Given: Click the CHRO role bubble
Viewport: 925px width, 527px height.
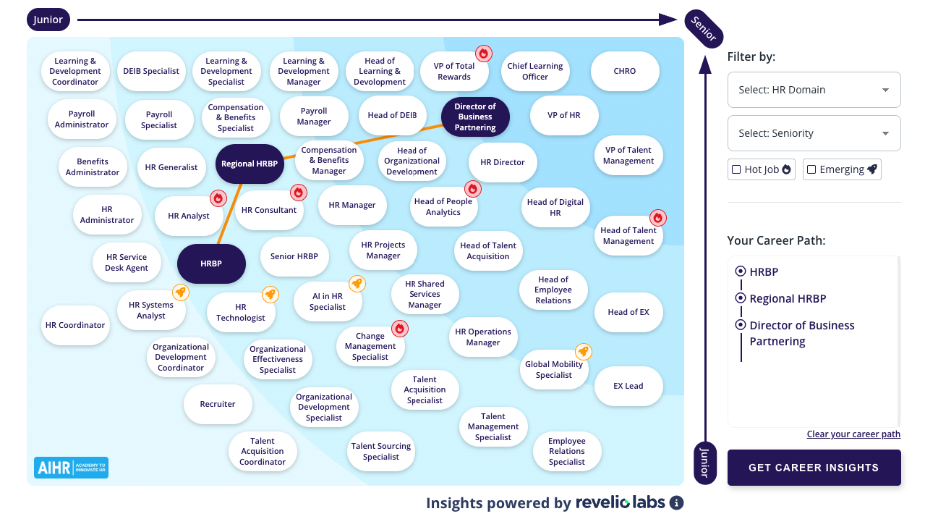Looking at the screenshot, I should (x=625, y=72).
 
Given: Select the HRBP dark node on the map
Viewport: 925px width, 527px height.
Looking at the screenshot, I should (x=211, y=263).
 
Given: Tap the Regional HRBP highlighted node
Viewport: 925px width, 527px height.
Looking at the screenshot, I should (x=250, y=164).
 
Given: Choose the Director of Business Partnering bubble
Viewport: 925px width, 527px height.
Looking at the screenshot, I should (x=475, y=117).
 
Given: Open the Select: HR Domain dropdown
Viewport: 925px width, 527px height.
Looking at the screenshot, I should (x=814, y=90).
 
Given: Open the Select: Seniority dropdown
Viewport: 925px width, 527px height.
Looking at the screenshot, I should (x=814, y=133).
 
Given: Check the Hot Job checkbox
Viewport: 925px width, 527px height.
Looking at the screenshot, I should (x=737, y=169).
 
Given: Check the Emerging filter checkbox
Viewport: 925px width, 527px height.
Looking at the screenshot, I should (x=811, y=169).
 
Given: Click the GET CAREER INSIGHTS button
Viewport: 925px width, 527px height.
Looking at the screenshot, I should (x=814, y=468).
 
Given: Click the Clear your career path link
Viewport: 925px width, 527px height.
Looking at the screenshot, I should (x=853, y=434).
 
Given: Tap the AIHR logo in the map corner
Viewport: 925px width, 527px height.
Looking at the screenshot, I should (x=71, y=467).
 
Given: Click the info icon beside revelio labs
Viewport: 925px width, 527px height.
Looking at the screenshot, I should (x=676, y=503).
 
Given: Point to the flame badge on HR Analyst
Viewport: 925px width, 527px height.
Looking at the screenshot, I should (x=218, y=198).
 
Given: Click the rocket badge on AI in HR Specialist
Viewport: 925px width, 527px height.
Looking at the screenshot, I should (x=357, y=283).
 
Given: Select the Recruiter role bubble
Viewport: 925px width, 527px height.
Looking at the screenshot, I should (x=218, y=404).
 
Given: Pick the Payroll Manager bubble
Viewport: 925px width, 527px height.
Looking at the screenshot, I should (x=314, y=117).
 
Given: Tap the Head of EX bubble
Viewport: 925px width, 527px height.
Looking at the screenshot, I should (x=628, y=312).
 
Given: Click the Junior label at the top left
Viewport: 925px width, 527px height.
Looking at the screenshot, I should (x=48, y=20).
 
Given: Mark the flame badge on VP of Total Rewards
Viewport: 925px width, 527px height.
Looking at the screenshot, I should (x=484, y=53).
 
